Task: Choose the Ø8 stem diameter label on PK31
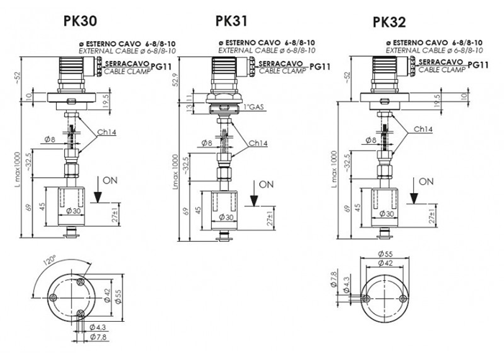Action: (206, 143)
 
